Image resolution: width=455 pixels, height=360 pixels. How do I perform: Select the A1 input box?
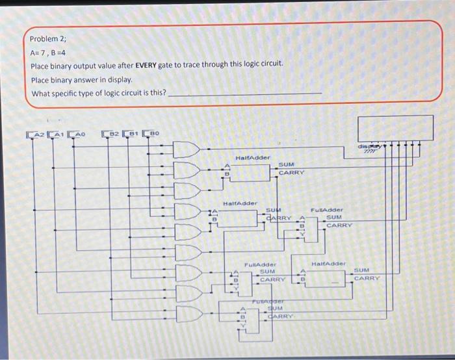tap(57, 135)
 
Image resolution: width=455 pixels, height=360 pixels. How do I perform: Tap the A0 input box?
tap(77, 135)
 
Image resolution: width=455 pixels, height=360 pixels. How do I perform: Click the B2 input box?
tap(111, 135)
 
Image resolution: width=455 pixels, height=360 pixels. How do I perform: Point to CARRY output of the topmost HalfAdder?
tap(292, 173)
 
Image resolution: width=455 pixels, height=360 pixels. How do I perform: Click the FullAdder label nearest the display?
tap(326, 210)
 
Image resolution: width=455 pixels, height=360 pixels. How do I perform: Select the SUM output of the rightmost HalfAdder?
tap(361, 270)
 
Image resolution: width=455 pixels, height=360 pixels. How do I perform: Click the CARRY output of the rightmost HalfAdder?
tap(367, 277)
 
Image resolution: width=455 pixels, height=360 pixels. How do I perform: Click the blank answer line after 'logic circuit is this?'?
tap(244, 94)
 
